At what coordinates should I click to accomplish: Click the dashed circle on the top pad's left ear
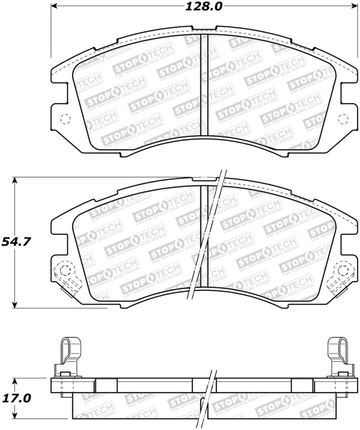tap(64, 119)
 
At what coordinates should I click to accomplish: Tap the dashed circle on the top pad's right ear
tap(343, 119)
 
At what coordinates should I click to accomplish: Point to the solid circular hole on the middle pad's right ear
tap(343, 270)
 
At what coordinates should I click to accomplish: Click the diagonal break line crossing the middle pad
tap(206, 235)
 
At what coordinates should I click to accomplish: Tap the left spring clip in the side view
tap(66, 356)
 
